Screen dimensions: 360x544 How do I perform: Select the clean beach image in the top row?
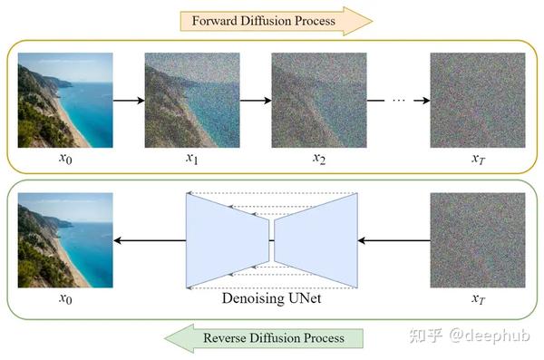[65, 100]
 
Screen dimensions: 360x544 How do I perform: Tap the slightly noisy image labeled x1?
[191, 100]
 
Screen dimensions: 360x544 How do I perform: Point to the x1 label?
[191, 159]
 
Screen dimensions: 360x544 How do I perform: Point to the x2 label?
[318, 159]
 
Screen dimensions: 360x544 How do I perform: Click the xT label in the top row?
[477, 159]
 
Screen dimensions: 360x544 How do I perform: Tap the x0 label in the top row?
[65, 159]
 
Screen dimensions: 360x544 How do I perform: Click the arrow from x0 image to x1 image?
[129, 100]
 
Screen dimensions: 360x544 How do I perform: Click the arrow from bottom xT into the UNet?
[394, 240]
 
